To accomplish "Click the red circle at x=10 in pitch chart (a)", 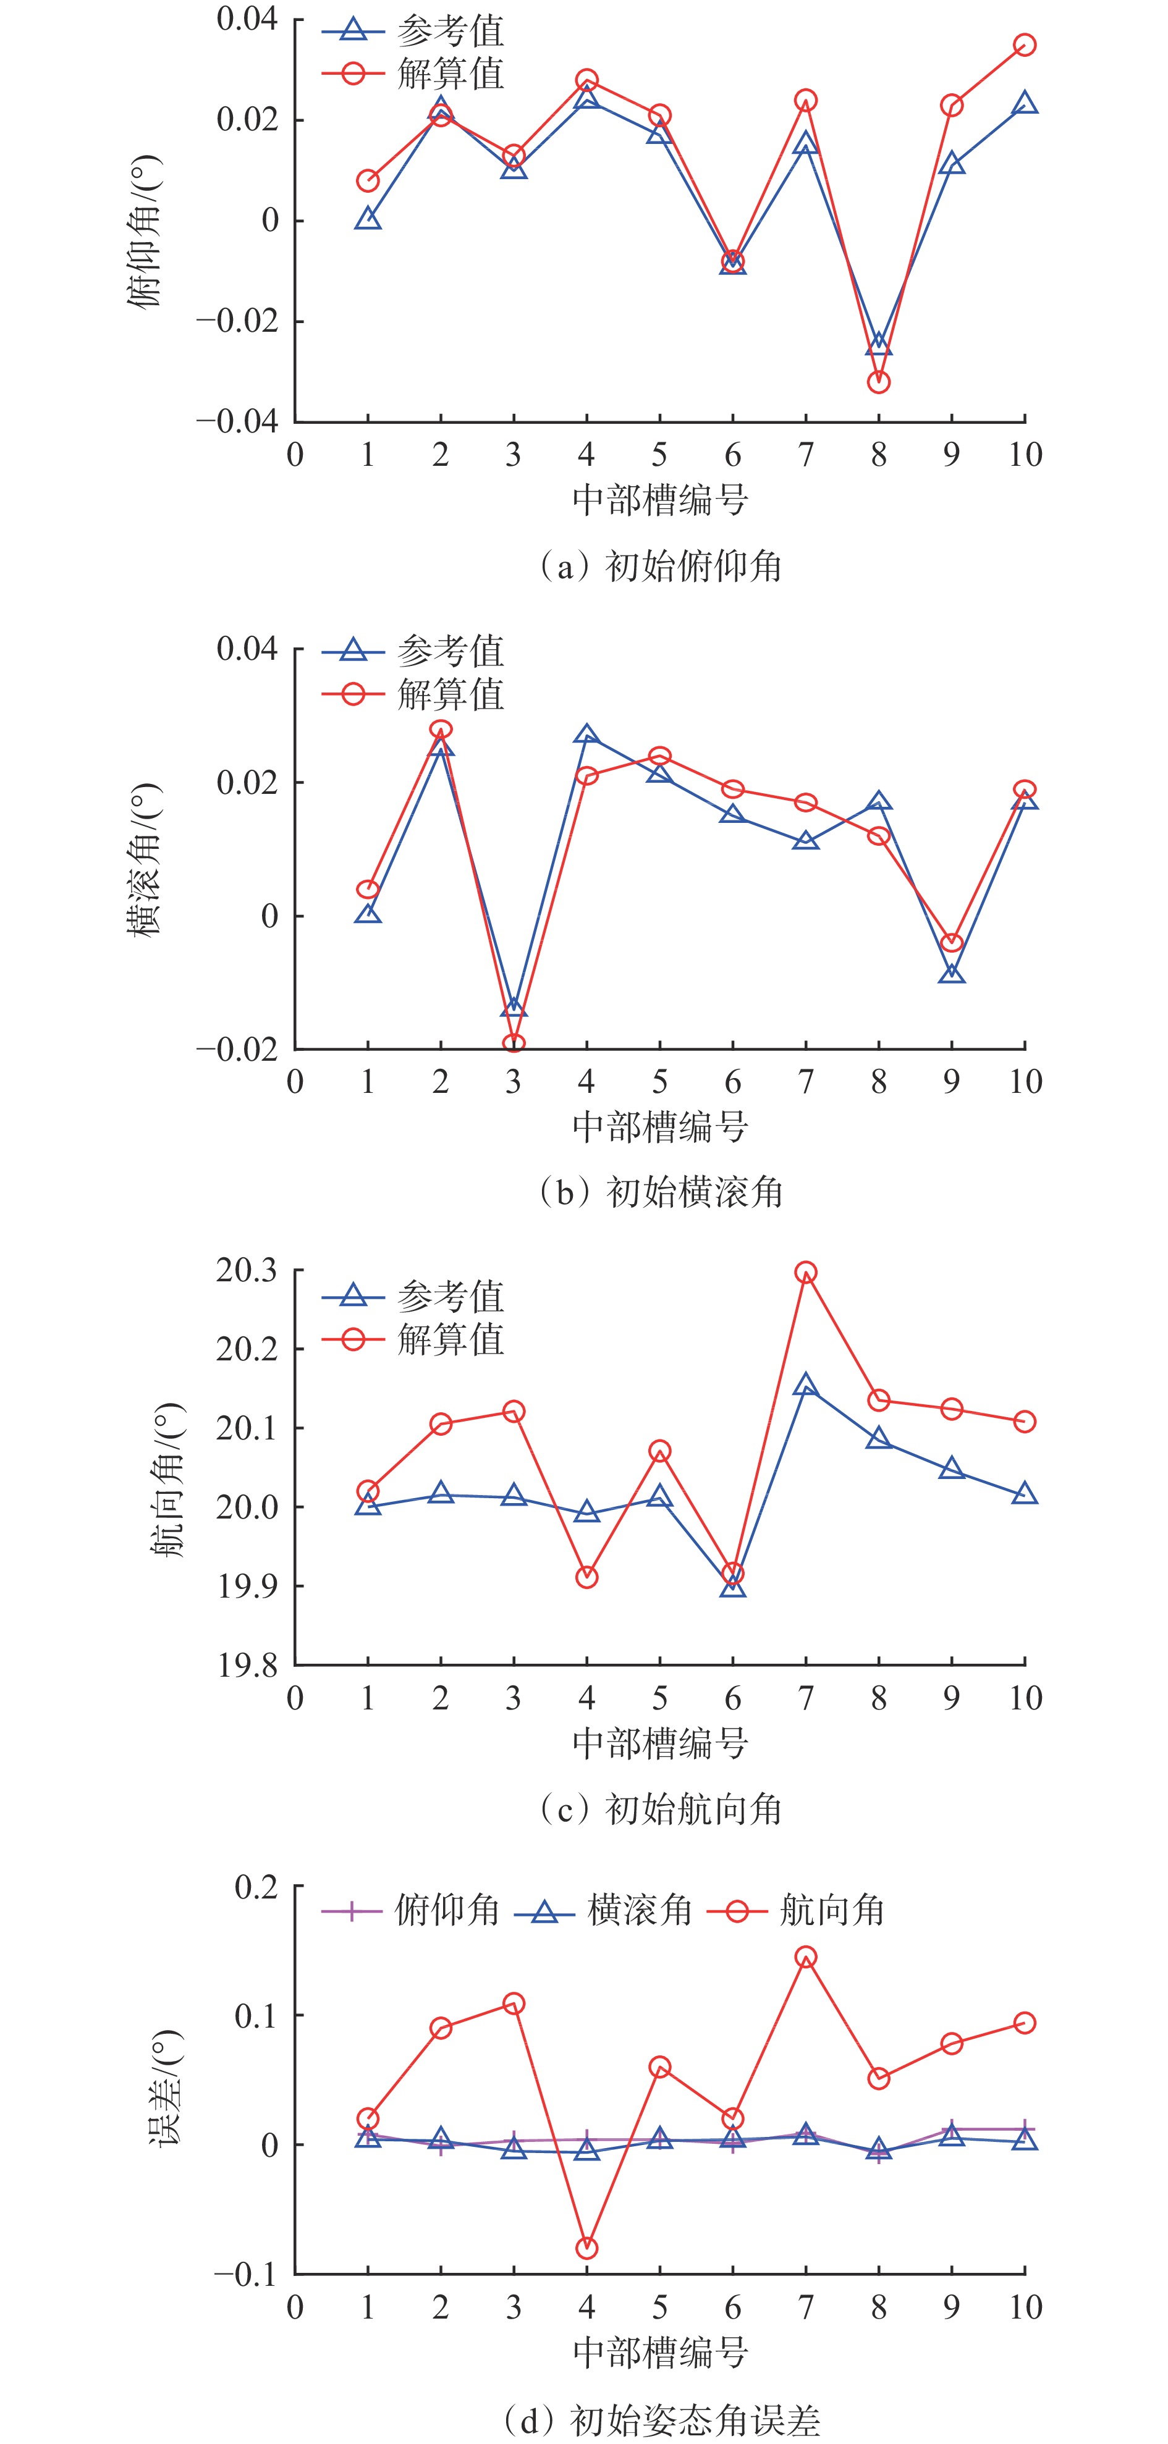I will point(1025,44).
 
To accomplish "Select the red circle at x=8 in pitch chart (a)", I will point(879,382).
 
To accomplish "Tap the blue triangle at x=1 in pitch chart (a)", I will point(368,220).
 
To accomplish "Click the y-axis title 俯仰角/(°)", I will point(144,230).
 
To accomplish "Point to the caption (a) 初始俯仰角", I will point(661,567).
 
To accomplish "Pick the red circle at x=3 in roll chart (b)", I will point(514,1043).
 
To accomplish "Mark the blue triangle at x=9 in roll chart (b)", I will point(952,974).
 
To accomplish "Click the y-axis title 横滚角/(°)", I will point(144,859).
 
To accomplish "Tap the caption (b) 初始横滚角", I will point(661,1192).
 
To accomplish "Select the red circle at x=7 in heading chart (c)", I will point(806,1272).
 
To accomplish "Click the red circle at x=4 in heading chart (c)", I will point(586,1577).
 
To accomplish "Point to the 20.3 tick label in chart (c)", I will point(246,1270).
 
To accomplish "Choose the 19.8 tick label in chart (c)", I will point(246,1665).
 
